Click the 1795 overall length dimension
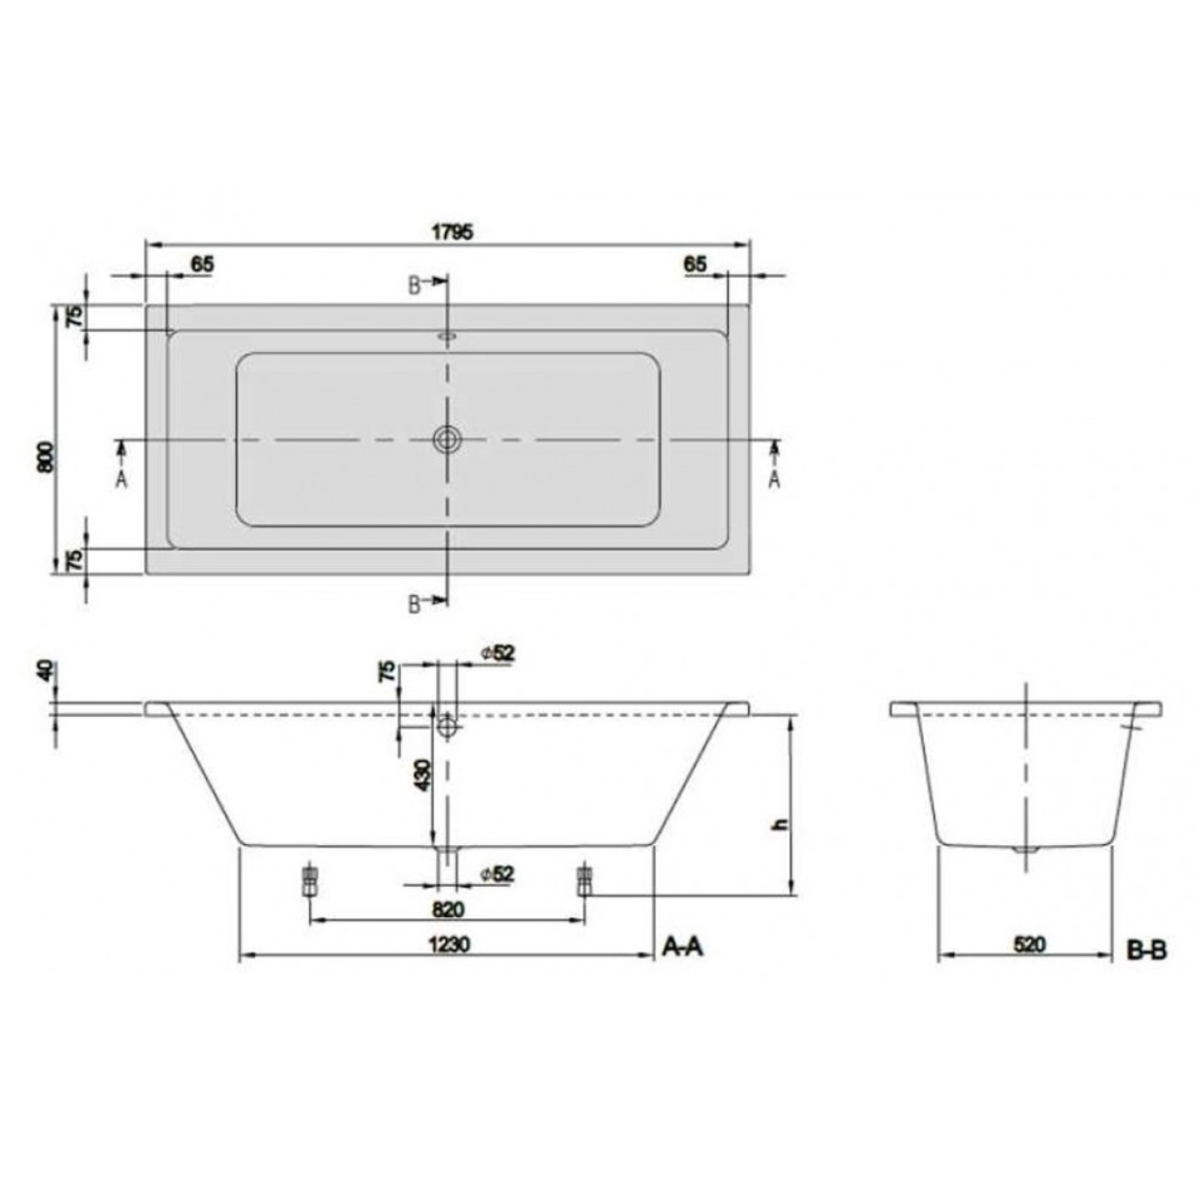pyautogui.click(x=453, y=231)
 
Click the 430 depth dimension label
pyautogui.click(x=422, y=776)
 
